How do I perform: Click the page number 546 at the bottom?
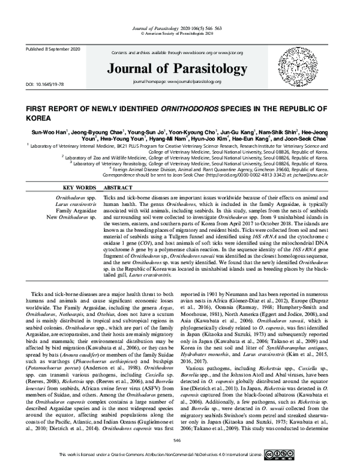[177, 440]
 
